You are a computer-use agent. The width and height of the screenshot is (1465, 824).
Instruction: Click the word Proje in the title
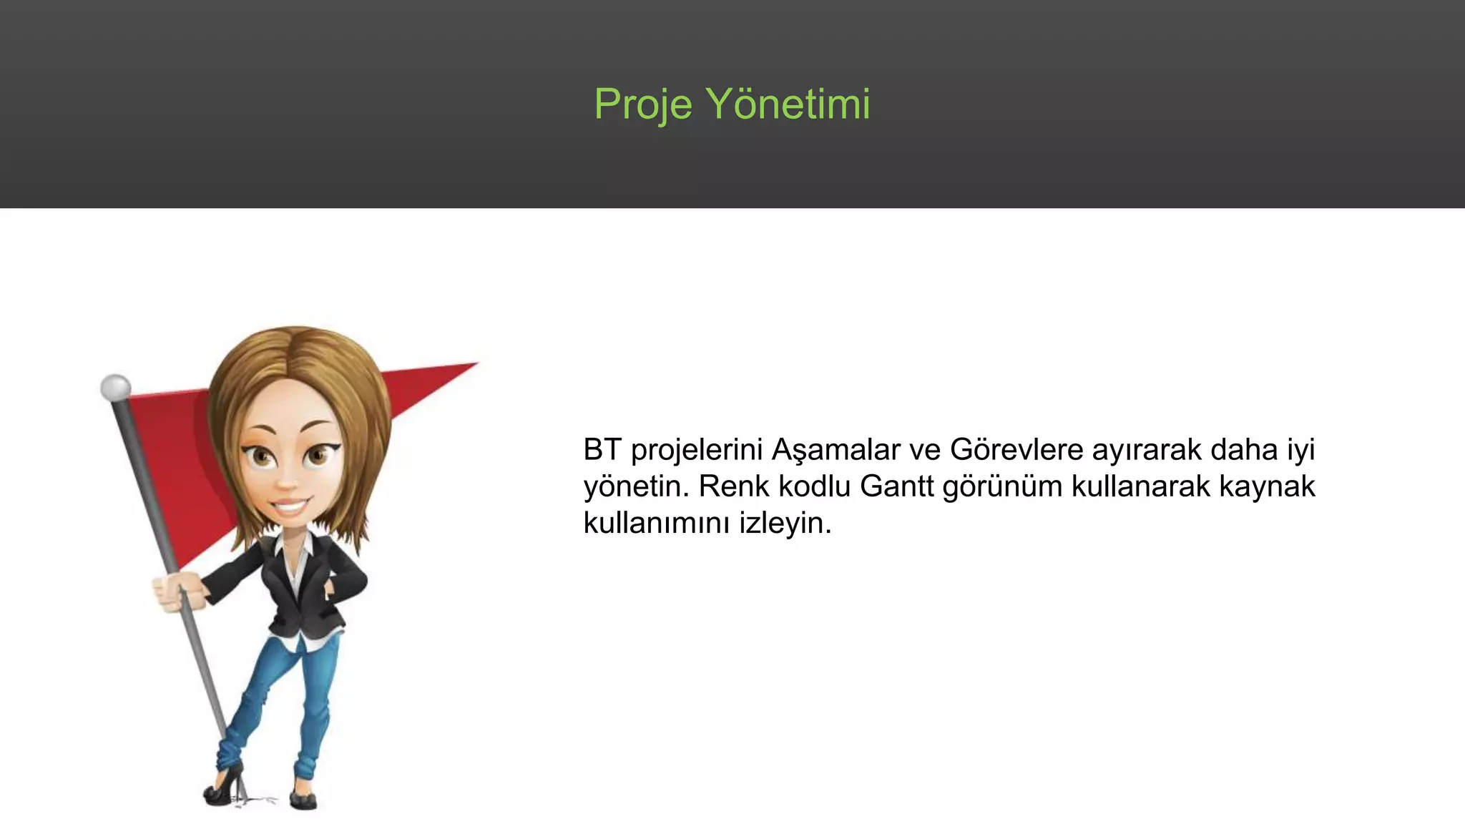click(x=643, y=104)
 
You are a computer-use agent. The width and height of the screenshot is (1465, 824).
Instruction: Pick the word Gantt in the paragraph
click(x=896, y=486)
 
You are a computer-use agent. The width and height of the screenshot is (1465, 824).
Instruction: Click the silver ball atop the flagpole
click(x=115, y=387)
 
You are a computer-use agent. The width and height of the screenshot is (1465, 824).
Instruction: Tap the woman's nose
click(x=288, y=481)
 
